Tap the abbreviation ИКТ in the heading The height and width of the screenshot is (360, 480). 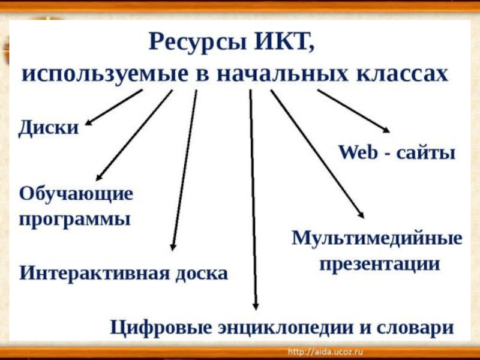(x=280, y=43)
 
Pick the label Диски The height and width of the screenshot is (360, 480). (x=48, y=127)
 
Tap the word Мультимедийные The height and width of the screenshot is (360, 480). (x=377, y=238)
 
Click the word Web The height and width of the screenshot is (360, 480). (x=359, y=153)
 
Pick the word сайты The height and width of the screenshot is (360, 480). (x=428, y=153)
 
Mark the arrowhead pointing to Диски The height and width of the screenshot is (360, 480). (x=88, y=124)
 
